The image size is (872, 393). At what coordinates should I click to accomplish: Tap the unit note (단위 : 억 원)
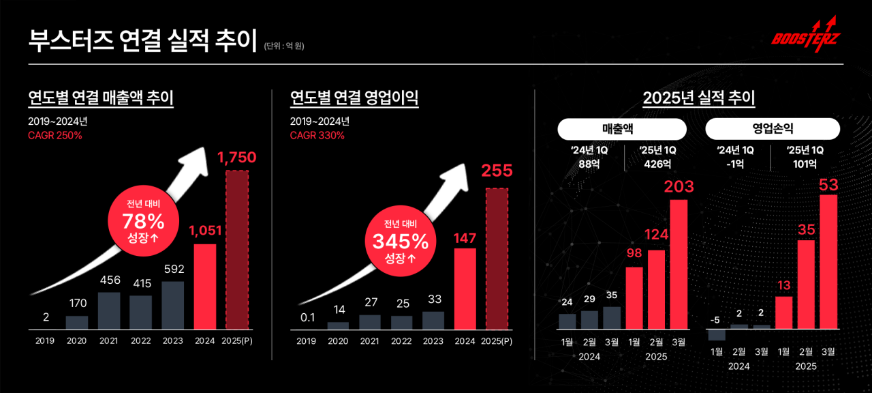(283, 46)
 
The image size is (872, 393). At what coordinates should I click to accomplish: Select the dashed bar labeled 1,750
(237, 250)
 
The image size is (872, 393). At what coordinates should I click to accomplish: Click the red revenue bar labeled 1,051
(205, 287)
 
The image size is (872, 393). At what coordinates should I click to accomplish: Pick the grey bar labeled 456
(109, 311)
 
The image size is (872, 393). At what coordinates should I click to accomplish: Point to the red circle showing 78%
(142, 221)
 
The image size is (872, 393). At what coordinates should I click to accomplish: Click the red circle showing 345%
(400, 239)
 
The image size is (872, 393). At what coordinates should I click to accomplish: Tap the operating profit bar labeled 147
(465, 289)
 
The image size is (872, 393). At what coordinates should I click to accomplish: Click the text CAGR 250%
(55, 135)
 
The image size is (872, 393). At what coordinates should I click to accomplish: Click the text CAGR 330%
(317, 135)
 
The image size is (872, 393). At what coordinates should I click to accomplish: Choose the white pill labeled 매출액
(622, 128)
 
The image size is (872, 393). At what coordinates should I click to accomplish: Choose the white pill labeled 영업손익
(773, 128)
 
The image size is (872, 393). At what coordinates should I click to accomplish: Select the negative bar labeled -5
(717, 334)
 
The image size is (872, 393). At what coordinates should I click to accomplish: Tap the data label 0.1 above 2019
(307, 317)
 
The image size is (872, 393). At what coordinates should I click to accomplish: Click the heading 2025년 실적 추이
(699, 98)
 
